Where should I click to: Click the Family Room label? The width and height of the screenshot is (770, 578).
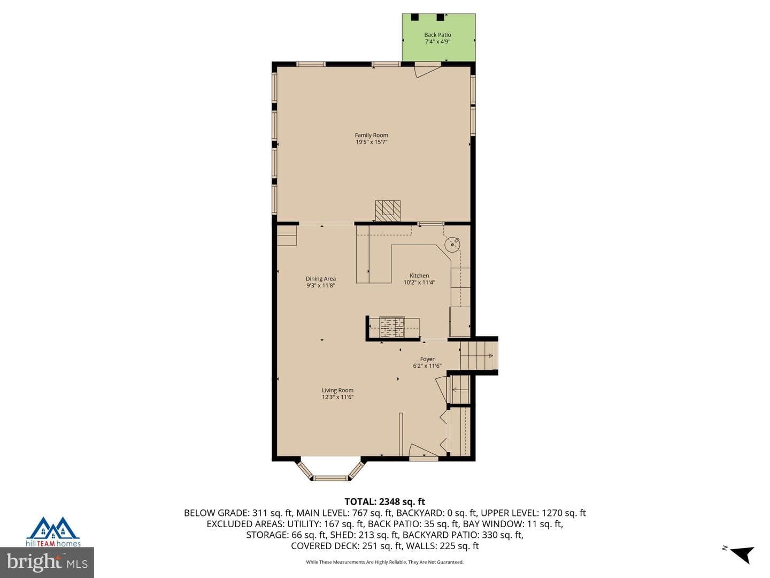371,135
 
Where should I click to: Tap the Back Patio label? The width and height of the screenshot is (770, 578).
437,35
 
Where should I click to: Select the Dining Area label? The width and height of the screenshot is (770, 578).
321,279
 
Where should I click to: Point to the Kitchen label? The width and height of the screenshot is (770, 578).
419,276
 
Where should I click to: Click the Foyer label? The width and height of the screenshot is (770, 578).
427,359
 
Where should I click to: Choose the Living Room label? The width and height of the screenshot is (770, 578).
337,390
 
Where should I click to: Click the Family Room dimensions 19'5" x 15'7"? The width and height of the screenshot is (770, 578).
371,142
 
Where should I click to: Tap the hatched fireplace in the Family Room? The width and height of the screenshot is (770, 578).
388,211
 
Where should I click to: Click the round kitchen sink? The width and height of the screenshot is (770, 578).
452,244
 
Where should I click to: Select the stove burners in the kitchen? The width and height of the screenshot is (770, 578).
392,327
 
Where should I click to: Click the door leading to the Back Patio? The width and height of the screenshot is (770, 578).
427,70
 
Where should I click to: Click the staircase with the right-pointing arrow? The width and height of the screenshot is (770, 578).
479,356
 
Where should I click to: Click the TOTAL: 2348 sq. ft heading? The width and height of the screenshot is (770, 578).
384,501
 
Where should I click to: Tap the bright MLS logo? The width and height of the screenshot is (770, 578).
47,562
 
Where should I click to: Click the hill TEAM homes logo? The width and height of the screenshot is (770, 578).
53,532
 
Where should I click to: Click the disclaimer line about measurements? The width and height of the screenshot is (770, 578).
385,562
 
